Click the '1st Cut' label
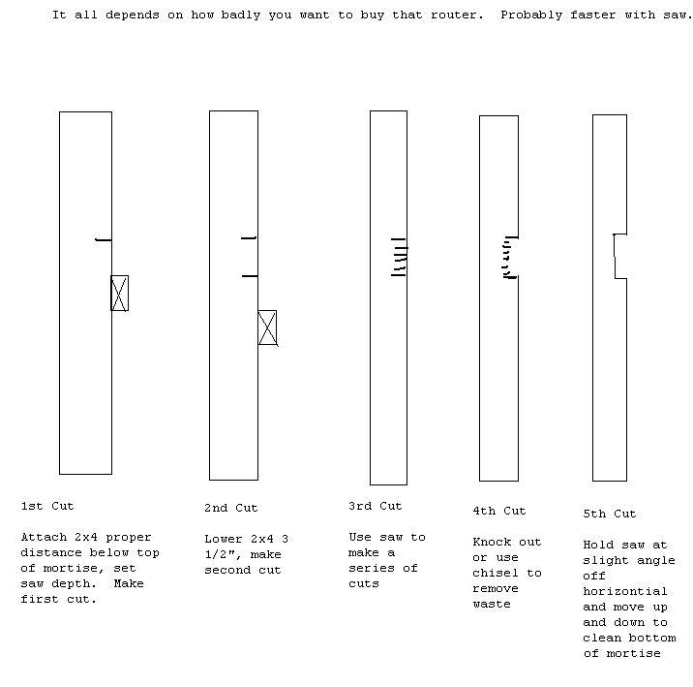click(46, 506)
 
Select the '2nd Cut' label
click(230, 508)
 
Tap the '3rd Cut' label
click(375, 506)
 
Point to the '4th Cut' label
click(499, 511)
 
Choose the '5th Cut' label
click(610, 514)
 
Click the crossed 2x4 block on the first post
click(119, 293)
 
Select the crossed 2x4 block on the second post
click(267, 328)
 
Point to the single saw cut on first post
click(104, 239)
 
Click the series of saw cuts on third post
click(399, 258)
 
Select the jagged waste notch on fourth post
click(510, 258)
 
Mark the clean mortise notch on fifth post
click(619, 257)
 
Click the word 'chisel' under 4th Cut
click(496, 573)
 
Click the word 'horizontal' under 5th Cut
click(625, 591)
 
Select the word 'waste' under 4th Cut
click(492, 604)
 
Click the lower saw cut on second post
click(250, 276)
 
